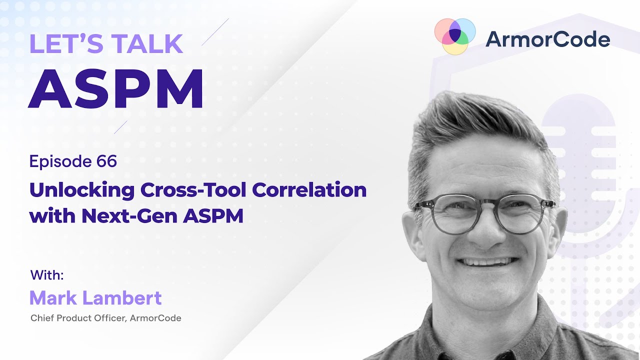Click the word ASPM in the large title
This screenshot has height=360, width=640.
point(116,88)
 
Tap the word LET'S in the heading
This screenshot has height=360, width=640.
point(60,44)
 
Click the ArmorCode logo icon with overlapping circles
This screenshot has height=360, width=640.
point(454,36)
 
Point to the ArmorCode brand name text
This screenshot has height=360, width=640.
point(547,39)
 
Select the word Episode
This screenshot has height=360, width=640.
point(59,161)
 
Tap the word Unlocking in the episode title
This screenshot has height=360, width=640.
point(82,191)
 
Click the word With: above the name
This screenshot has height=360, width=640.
point(47,275)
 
